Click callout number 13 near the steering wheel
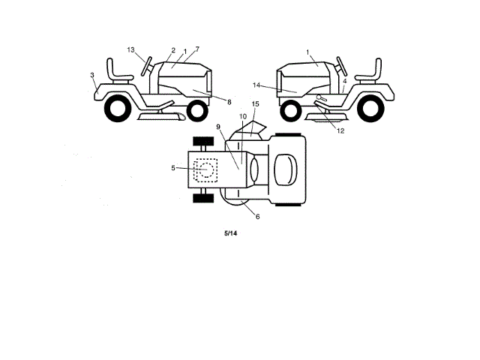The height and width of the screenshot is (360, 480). tap(130, 49)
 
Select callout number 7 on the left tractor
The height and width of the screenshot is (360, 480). tap(197, 49)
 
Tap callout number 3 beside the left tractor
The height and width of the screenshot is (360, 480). tap(92, 76)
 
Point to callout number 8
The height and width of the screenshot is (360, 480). tap(229, 101)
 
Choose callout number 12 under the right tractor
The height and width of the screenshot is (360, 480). tap(340, 130)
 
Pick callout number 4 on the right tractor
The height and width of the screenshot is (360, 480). tap(344, 81)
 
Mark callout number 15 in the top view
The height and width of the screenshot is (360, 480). tap(255, 103)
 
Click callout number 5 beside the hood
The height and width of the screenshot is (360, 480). tap(174, 168)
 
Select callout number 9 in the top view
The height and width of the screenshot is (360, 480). tap(218, 127)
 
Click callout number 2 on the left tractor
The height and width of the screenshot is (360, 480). tap(172, 50)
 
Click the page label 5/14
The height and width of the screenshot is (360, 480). tap(231, 234)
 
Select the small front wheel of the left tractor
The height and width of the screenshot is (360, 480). tap(196, 111)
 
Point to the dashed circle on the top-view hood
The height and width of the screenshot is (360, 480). tap(202, 170)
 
